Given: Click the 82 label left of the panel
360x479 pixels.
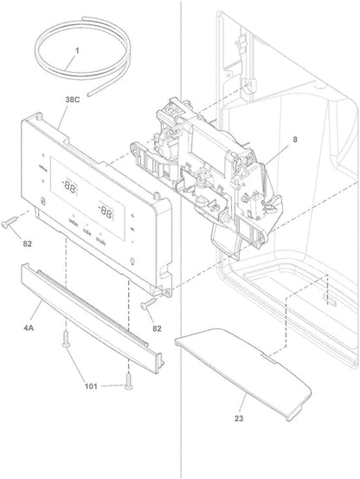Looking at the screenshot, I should [x=27, y=243].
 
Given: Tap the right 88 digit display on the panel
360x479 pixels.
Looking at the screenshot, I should [x=107, y=210].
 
